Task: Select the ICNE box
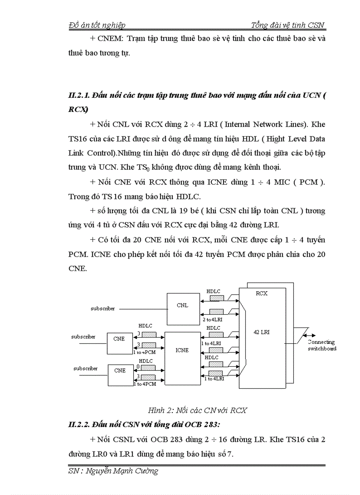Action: point(182,350)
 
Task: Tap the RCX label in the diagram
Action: point(262,293)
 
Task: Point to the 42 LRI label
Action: point(262,332)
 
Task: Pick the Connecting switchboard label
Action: point(322,345)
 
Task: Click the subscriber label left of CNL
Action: point(102,309)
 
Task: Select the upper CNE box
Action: point(119,339)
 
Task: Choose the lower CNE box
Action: point(120,371)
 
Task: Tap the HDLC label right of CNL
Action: point(214,291)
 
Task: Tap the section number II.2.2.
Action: point(81,424)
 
